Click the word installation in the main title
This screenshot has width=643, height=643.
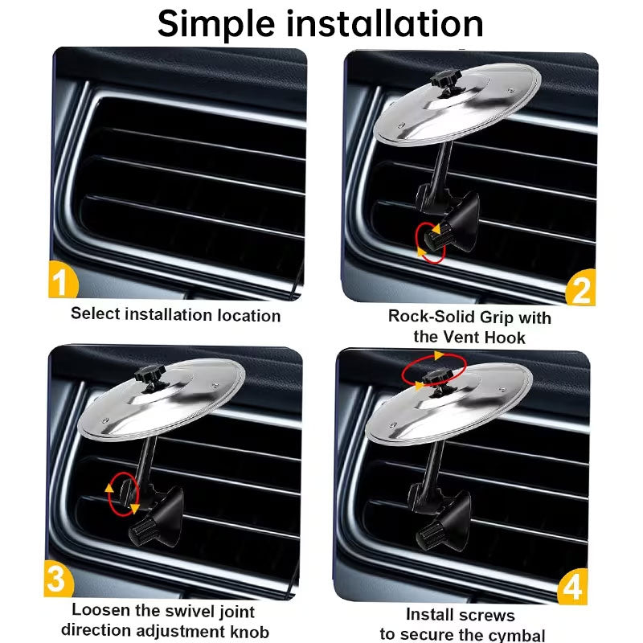(x=385, y=24)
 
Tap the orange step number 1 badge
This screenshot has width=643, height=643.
(x=63, y=280)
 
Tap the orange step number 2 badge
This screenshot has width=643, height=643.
(x=580, y=288)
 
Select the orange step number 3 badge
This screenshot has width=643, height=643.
(x=58, y=579)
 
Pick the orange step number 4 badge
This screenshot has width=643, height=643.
(x=572, y=587)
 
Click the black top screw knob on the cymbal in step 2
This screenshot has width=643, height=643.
(x=446, y=81)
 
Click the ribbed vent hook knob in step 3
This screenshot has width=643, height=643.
(x=141, y=530)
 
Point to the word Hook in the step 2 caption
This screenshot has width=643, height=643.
(x=505, y=338)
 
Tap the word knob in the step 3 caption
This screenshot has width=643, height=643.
(x=247, y=631)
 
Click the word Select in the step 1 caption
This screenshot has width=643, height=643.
(x=96, y=313)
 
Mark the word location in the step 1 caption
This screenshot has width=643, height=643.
(x=249, y=315)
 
